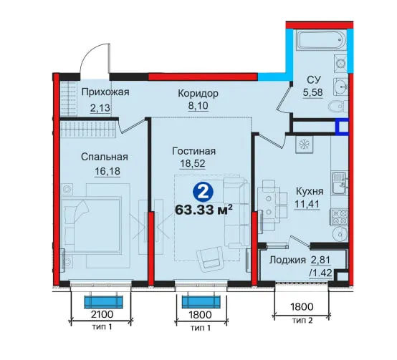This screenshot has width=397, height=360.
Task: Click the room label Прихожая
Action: (x=105, y=92)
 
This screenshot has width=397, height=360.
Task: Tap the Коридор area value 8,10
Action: (x=198, y=105)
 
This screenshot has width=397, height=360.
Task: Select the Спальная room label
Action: (x=105, y=157)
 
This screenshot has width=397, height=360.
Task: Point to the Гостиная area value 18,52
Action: (x=193, y=164)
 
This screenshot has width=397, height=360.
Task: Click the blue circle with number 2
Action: (x=203, y=193)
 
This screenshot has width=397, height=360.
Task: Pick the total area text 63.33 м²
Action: (x=204, y=210)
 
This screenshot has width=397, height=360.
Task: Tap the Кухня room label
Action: (x=310, y=191)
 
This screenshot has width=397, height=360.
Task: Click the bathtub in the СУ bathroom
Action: (x=322, y=39)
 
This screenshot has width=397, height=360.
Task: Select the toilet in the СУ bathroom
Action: (x=338, y=107)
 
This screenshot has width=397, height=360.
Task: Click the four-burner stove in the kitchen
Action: (x=338, y=217)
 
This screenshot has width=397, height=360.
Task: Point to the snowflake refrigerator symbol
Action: (x=304, y=145)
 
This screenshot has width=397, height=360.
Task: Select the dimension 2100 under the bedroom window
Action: (x=102, y=314)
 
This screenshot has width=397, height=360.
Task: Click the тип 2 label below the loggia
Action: (x=302, y=321)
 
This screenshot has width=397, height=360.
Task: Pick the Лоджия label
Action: (x=287, y=260)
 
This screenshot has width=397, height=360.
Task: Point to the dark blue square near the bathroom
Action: (x=342, y=126)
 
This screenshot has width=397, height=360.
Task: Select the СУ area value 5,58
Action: (x=313, y=92)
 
